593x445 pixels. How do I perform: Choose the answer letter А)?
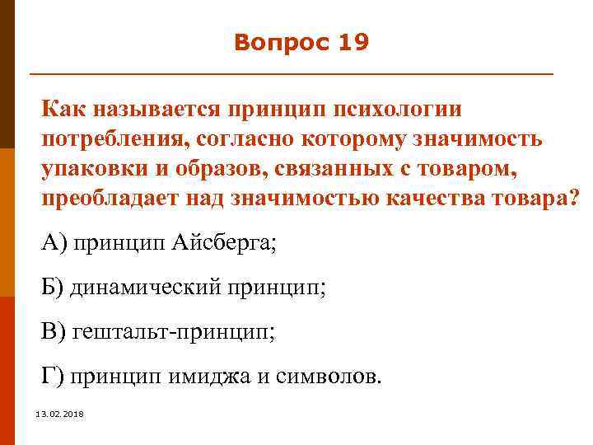coord(55,243)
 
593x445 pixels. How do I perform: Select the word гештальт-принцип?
coord(171,332)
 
